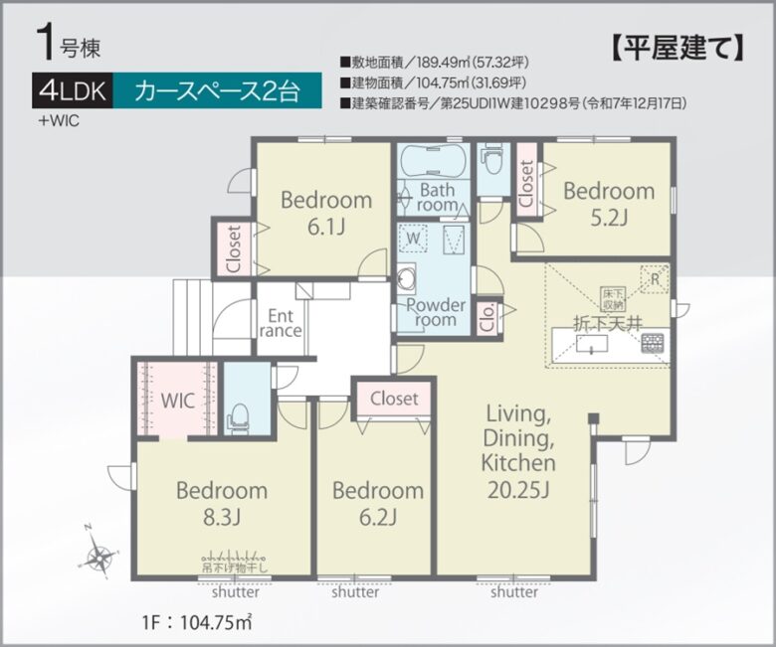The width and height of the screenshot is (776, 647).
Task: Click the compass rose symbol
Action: point(99,558)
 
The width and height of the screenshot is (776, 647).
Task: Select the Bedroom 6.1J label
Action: point(325,211)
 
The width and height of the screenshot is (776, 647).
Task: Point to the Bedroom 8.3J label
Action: point(222,502)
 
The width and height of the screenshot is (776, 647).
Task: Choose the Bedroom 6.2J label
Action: point(377,503)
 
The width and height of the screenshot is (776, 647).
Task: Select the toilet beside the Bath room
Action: point(491,159)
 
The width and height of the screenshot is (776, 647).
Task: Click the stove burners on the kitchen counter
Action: point(653,344)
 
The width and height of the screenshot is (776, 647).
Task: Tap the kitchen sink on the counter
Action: point(593,345)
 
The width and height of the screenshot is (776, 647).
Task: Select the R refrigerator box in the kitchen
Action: point(654,279)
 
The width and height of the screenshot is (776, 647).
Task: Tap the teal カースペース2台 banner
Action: point(216,92)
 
